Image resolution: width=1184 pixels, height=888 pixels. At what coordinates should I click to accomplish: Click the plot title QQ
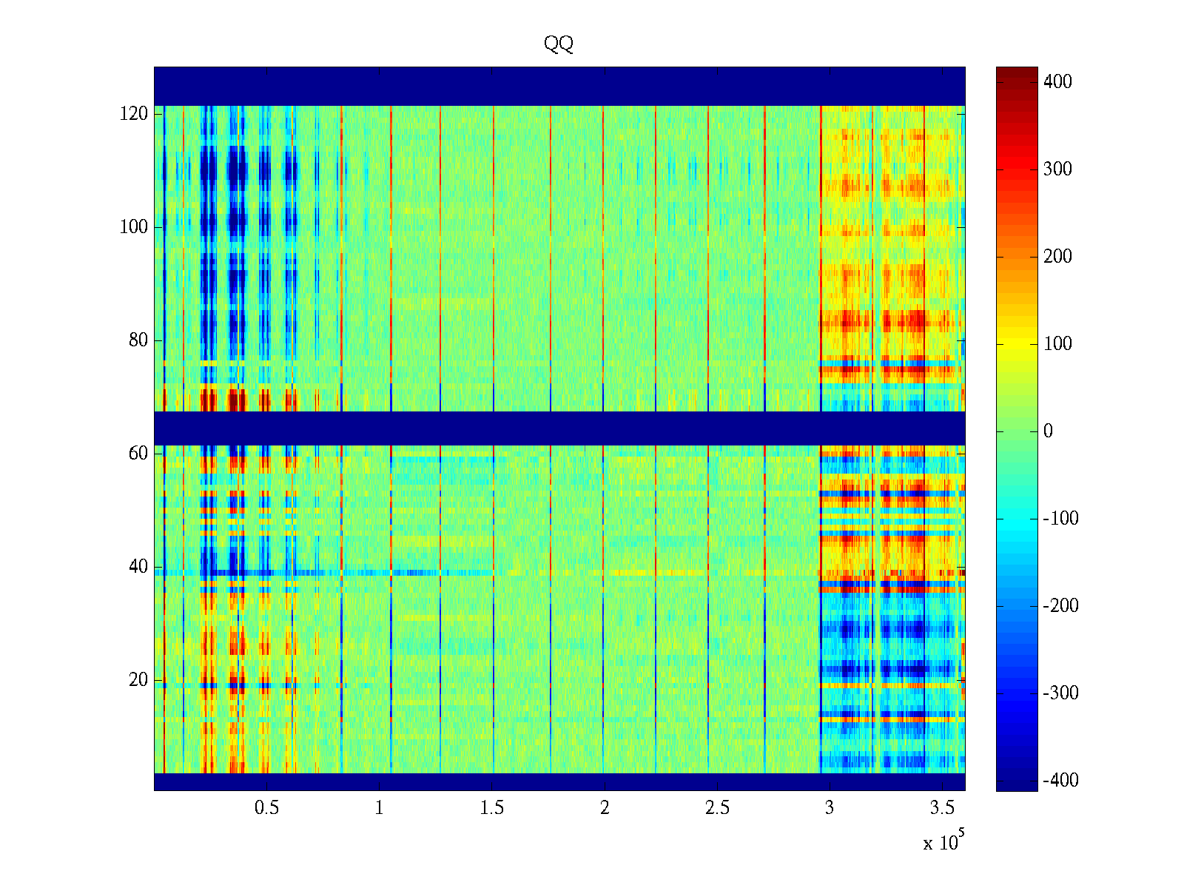point(559,44)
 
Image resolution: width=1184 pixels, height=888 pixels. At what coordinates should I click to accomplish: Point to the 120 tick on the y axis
point(134,114)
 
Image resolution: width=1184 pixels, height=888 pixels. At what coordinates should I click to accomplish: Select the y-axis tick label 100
point(134,227)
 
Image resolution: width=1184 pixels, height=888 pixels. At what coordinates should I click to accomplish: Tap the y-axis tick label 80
point(138,340)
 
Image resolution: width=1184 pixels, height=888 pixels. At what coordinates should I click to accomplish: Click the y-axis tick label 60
point(138,454)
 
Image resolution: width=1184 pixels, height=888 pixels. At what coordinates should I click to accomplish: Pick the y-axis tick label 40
point(138,567)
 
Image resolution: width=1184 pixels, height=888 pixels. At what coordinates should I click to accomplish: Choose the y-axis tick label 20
point(138,680)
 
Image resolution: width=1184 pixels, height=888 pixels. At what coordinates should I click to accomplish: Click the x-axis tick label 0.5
point(266,808)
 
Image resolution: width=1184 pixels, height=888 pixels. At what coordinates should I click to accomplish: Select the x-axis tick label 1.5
point(492,808)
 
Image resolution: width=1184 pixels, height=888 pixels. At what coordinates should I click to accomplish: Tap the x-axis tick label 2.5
point(717,808)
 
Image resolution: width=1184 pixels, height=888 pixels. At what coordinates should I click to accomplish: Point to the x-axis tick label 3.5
point(942,808)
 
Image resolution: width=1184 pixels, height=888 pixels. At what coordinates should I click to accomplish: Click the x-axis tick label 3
point(830,808)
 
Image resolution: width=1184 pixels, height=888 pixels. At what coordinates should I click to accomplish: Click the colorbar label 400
point(1057,81)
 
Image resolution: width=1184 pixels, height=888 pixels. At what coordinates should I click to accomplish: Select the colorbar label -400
point(1060,780)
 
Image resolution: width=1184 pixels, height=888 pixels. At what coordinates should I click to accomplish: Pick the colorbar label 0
point(1048,431)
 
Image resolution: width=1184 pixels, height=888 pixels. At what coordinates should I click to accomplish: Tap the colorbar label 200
point(1057,256)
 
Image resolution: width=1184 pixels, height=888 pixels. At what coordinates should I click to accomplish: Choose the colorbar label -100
point(1060,518)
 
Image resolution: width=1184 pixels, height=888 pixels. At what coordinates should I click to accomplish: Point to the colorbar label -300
point(1060,693)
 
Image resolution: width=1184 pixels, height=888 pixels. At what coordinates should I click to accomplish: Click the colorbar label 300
point(1057,169)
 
